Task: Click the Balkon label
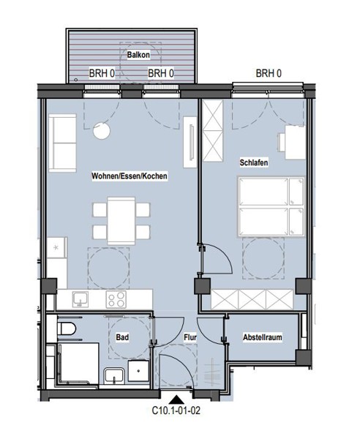coord(138,55)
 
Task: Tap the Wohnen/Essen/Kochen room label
coord(130,176)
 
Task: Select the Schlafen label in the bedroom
coord(254,162)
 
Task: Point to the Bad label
coord(122,337)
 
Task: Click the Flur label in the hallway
coord(190,337)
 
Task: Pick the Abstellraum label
coord(262,337)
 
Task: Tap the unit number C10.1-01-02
coord(176,410)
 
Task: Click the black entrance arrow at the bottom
coord(176,399)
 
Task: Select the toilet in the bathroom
coord(66,329)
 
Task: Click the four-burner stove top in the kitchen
coord(116,299)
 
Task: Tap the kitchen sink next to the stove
coord(80,299)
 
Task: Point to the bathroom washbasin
coord(114,376)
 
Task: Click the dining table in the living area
coord(121,221)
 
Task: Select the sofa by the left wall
coord(62,143)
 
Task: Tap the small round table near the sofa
coord(102,131)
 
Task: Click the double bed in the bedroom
coord(271,206)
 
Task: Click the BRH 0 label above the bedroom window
coord(269,73)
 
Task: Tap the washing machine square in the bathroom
coord(138,371)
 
